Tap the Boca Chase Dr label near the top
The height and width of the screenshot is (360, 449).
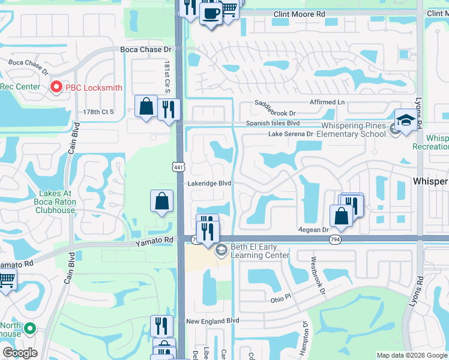(x=146, y=50)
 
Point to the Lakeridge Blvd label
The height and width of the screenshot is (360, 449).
(x=209, y=184)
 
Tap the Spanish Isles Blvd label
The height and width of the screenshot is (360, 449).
(x=273, y=123)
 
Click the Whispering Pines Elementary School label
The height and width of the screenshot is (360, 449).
(x=344, y=130)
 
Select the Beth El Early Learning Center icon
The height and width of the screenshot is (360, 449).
(x=221, y=250)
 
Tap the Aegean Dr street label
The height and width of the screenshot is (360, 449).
(x=313, y=230)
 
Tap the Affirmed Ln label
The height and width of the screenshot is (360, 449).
(x=327, y=103)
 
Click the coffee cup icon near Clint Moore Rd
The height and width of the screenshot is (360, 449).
(x=211, y=13)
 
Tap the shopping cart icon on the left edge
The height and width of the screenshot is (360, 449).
(x=6, y=279)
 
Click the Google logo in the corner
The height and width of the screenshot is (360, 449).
(x=20, y=353)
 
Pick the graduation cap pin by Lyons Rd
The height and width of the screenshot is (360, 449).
(x=405, y=119)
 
